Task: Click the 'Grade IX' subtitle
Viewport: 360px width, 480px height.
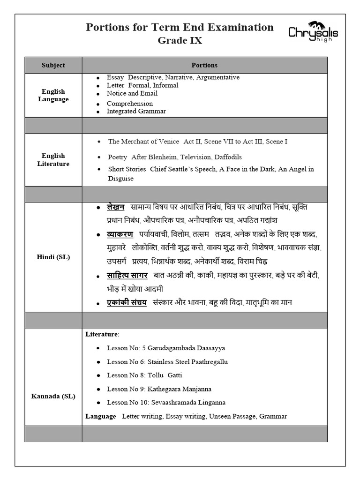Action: click(180, 41)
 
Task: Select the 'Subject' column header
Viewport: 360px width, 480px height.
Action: click(53, 65)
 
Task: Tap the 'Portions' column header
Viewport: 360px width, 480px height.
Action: click(204, 65)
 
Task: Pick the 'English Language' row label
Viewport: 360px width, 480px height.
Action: click(53, 95)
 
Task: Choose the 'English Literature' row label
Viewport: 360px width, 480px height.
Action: click(53, 160)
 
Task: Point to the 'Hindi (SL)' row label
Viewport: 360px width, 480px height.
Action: click(53, 257)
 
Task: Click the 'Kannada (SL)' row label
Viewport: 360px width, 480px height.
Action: click(53, 396)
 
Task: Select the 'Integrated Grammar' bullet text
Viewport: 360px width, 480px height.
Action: click(136, 111)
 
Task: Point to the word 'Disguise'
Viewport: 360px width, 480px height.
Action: click(121, 179)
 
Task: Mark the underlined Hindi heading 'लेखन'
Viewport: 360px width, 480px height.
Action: click(115, 207)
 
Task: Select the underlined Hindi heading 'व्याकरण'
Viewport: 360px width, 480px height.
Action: click(120, 234)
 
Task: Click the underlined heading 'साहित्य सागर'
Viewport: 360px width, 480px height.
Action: click(127, 275)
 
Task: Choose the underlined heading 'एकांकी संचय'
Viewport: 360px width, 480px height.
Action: click(127, 303)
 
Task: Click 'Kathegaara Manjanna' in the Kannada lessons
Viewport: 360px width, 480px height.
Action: click(179, 389)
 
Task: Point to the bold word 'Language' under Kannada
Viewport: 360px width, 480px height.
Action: click(100, 416)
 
